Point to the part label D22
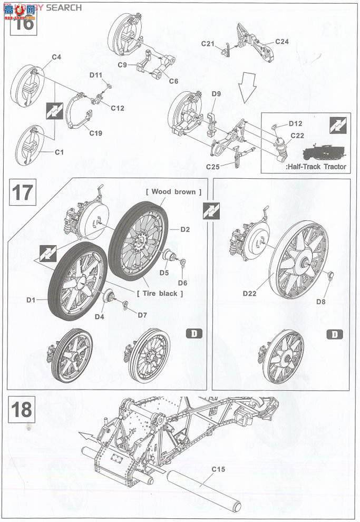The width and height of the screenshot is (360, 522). point(249,293)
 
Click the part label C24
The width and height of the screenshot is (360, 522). point(282,42)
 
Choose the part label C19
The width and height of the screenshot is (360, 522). point(95,133)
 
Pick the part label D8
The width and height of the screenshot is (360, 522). point(320,302)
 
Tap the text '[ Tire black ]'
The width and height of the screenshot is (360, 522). point(160,293)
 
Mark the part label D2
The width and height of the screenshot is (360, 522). point(185,229)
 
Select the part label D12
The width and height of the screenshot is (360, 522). point(295,123)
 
